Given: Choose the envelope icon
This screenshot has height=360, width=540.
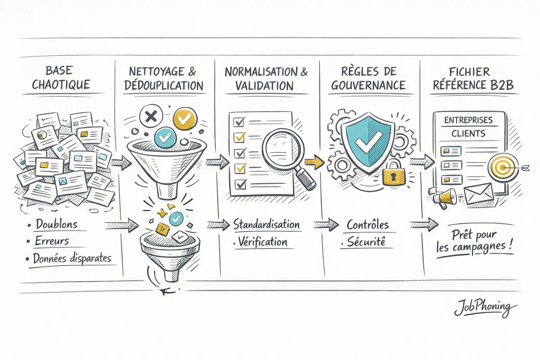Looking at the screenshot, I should coord(478,194).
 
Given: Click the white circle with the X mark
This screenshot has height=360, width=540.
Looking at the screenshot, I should coord(151,116).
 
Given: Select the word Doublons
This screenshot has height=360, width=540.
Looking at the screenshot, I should coord(57,224).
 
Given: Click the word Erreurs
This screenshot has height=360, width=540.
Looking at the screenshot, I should coord(52,241).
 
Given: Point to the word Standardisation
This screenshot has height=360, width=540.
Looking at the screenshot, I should coord(266,224).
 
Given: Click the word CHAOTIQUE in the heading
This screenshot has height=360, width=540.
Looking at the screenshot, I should coord(61,85).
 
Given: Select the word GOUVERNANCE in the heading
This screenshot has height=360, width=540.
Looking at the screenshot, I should coord(368,85).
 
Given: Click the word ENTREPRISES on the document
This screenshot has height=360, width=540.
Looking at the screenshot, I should coord(468,120).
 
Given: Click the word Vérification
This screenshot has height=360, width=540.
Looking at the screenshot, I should coord(263,242).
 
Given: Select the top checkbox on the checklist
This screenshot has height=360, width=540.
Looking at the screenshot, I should coord(240,122).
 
